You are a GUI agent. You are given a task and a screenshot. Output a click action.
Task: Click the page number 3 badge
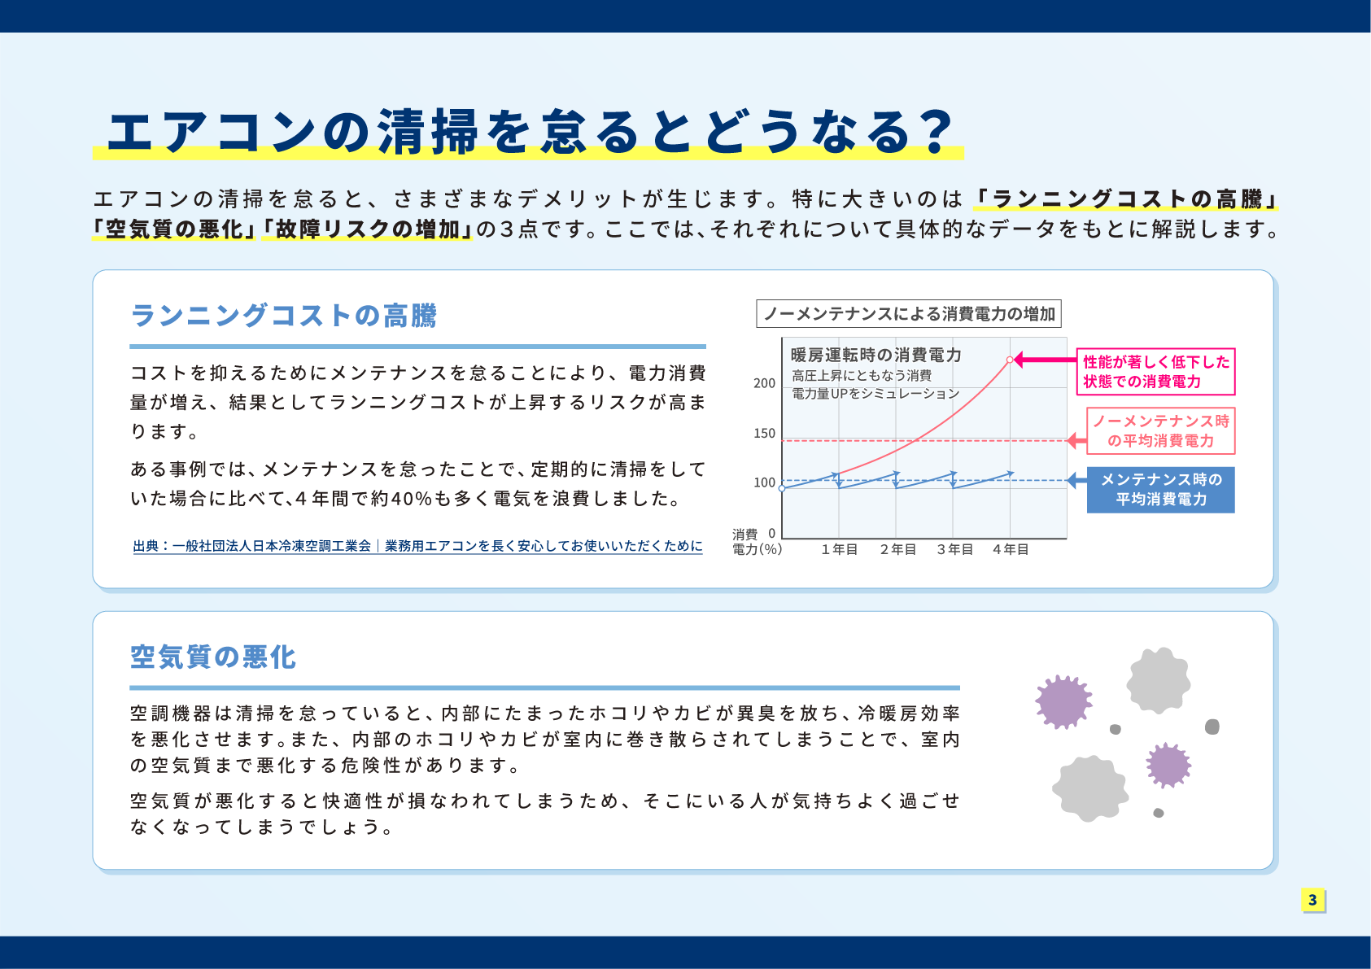click(x=1312, y=900)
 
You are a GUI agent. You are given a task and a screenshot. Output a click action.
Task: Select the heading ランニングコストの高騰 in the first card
click(x=283, y=316)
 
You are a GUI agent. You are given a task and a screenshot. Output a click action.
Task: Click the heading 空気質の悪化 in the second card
click(x=213, y=657)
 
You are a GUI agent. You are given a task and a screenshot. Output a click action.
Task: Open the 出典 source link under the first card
click(x=417, y=546)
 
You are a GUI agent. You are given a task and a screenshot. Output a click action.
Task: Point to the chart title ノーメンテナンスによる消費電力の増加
click(x=909, y=314)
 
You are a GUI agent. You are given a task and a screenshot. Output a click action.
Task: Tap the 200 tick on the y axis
click(x=765, y=383)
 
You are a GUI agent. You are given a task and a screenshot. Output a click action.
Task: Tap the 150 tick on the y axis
click(x=765, y=434)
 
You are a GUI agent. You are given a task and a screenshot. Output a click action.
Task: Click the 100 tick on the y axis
click(x=765, y=482)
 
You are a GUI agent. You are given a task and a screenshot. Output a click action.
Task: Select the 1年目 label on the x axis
click(x=839, y=550)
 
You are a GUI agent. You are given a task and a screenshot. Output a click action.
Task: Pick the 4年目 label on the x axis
click(x=1011, y=550)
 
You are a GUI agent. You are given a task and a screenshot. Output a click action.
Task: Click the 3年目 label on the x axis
click(x=954, y=550)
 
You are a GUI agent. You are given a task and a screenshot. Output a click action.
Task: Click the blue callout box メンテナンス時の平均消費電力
click(x=1160, y=490)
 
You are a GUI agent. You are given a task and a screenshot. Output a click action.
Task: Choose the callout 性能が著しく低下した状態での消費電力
click(x=1155, y=372)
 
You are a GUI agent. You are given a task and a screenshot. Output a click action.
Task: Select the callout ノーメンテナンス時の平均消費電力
click(x=1160, y=431)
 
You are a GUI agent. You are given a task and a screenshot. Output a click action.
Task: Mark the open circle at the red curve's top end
click(x=1010, y=360)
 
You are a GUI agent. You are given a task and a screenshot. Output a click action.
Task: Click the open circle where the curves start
click(x=782, y=488)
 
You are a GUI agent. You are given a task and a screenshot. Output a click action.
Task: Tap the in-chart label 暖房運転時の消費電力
click(x=875, y=355)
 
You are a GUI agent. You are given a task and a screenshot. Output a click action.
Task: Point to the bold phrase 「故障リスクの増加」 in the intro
click(x=367, y=229)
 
